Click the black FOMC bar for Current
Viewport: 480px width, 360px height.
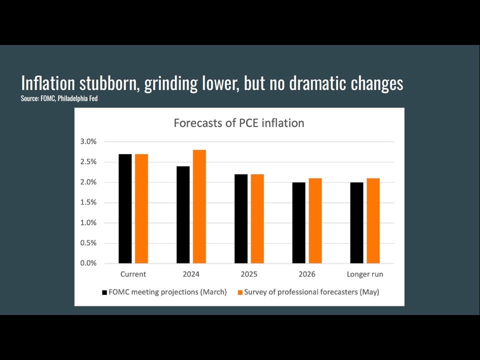(x=125, y=208)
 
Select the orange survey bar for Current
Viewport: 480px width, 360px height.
(x=141, y=208)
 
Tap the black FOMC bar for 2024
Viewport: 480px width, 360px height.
(x=183, y=214)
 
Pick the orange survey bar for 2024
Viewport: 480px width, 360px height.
(x=199, y=206)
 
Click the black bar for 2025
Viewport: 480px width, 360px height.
(x=241, y=218)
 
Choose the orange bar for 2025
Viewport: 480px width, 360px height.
(x=257, y=218)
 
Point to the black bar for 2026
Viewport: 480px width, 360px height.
(x=299, y=222)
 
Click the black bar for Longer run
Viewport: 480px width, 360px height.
(x=357, y=222)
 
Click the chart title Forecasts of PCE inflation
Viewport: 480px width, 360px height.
(x=238, y=123)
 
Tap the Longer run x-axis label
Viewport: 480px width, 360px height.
(x=365, y=274)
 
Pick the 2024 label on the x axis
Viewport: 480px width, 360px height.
(x=191, y=274)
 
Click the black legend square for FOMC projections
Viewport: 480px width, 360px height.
(x=104, y=292)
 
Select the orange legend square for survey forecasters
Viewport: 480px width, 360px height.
(x=239, y=292)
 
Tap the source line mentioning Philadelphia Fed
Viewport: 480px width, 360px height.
(x=59, y=98)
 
